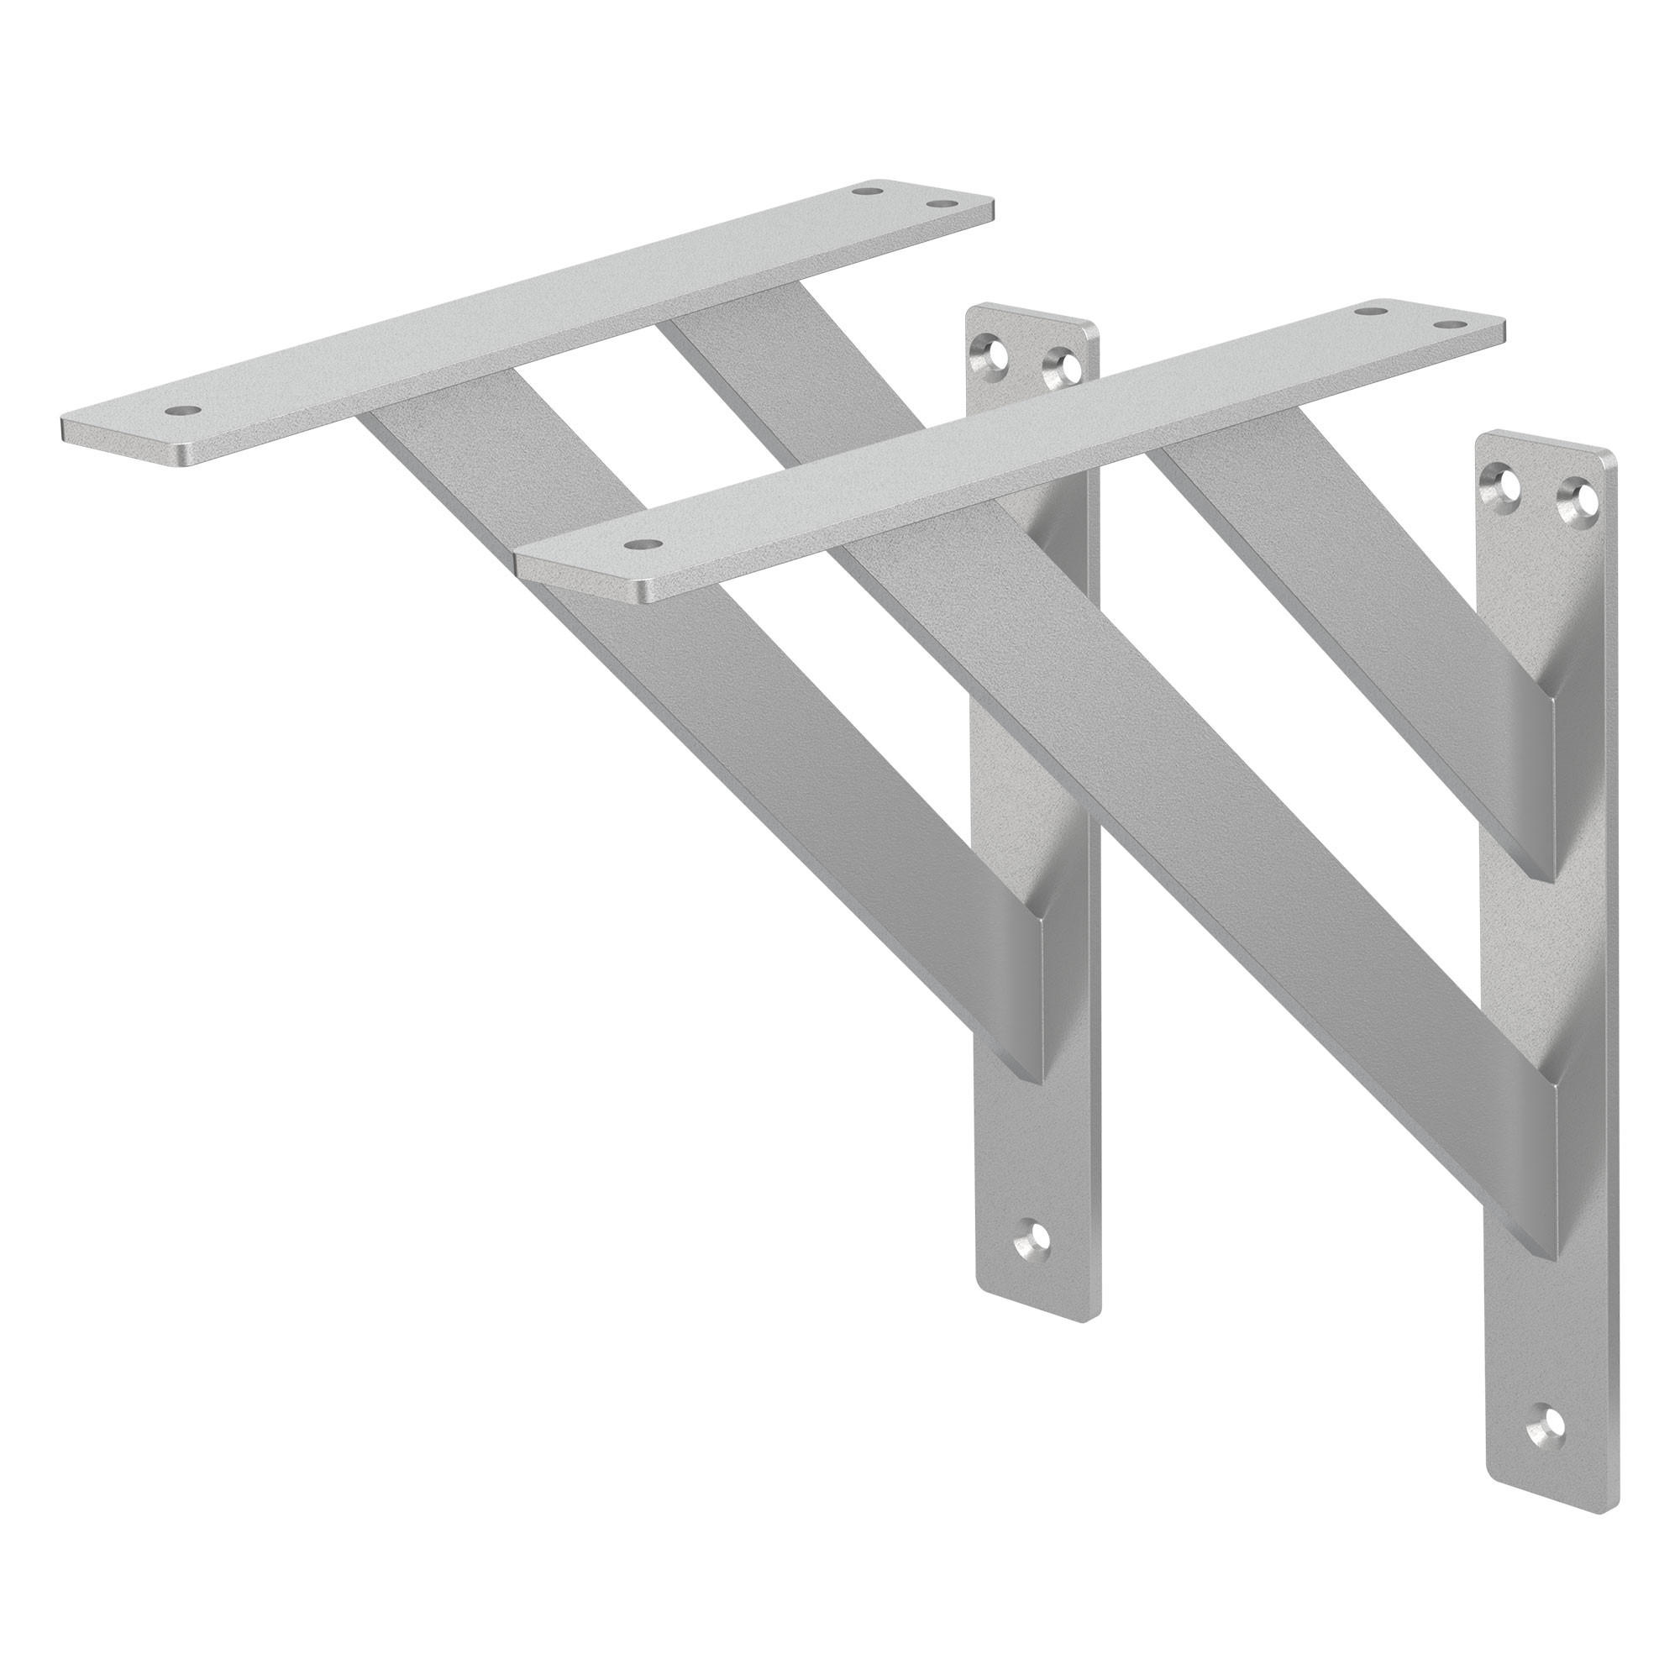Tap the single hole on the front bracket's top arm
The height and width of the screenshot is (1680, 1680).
click(642, 543)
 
